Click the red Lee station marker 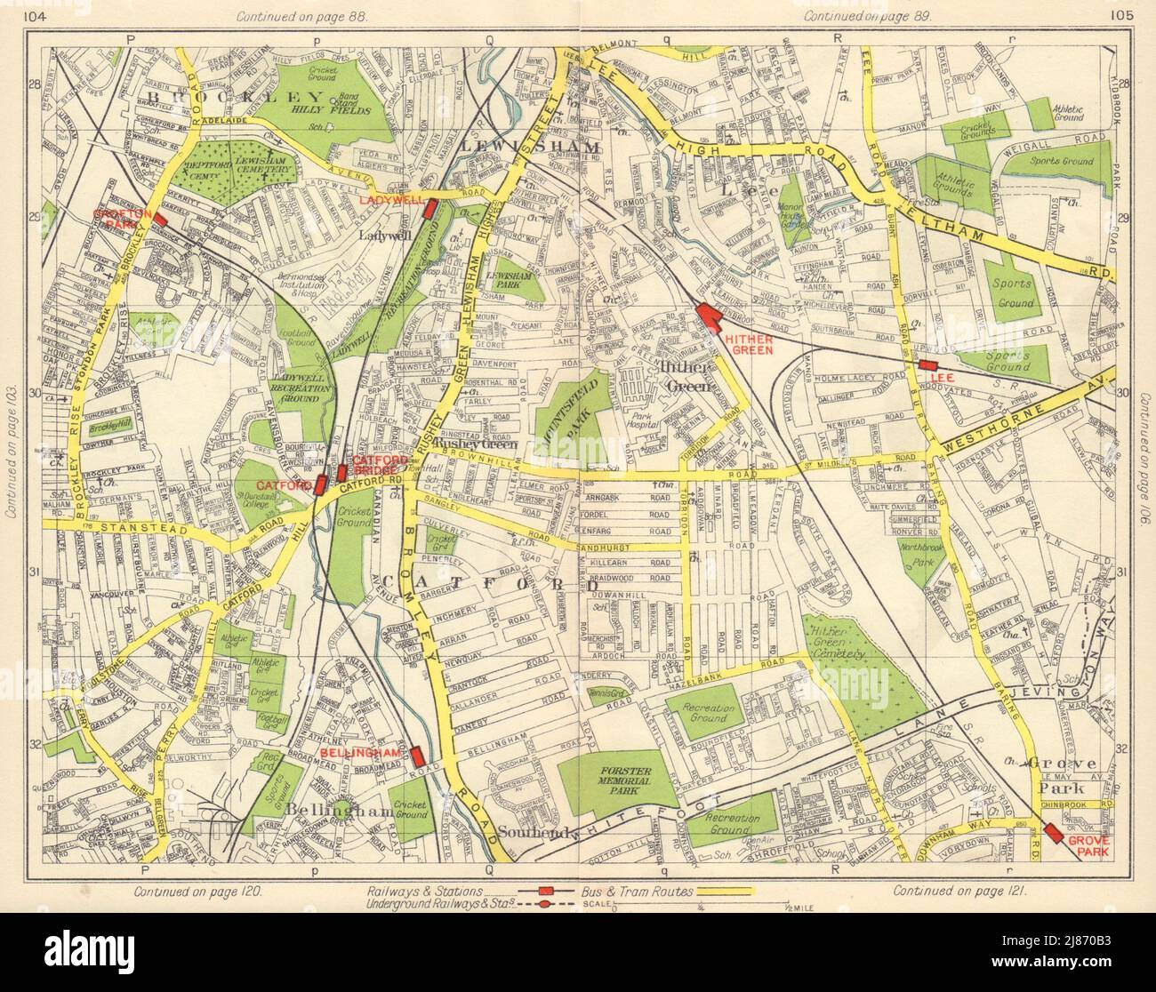pos(929,365)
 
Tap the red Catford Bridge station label pos(373,465)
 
